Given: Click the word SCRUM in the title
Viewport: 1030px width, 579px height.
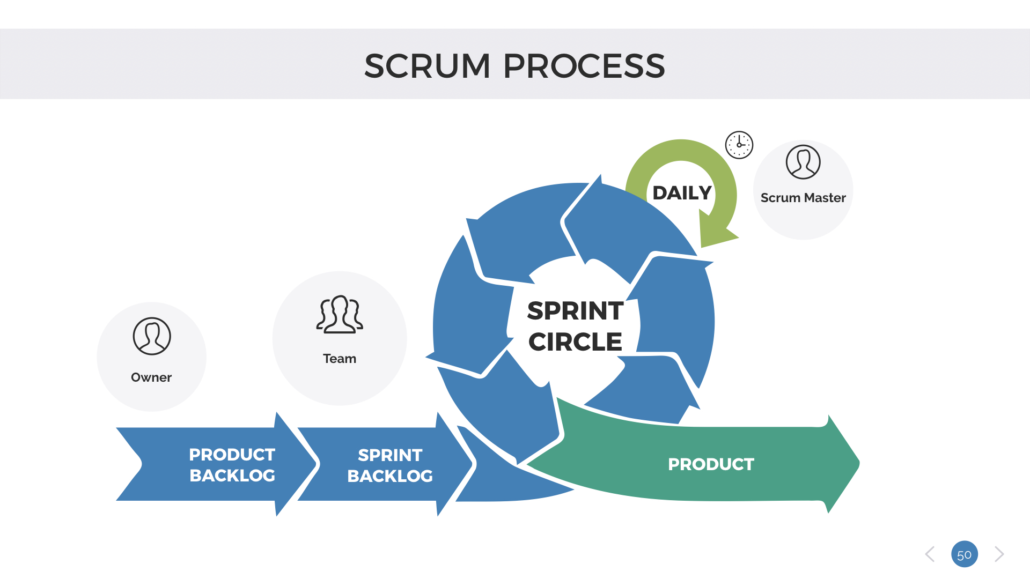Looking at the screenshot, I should pos(427,66).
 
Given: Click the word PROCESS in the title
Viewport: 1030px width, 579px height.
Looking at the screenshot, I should pos(584,66).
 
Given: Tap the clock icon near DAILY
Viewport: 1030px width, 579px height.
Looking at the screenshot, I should pos(739,145).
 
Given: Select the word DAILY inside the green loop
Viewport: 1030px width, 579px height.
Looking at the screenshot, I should pos(682,193).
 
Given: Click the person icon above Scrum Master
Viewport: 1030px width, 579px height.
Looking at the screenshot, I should pos(803,162).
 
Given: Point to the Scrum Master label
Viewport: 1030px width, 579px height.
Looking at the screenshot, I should pos(803,198).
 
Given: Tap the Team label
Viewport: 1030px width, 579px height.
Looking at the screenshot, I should pos(340,359).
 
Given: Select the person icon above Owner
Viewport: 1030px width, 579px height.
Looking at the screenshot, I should pos(152,336).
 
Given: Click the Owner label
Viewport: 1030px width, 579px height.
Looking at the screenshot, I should pos(151,377).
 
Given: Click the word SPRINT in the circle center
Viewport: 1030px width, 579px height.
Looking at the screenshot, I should pos(575,311).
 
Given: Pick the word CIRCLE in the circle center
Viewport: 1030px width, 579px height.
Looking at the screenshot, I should pos(575,342).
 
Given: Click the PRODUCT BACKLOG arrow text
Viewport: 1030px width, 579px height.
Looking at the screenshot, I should pos(232,465).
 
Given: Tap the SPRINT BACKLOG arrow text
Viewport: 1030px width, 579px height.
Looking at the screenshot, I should pos(390,465).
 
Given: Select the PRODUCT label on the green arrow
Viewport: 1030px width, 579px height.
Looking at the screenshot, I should pos(711,464).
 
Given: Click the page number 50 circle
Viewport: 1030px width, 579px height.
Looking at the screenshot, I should pos(965,554).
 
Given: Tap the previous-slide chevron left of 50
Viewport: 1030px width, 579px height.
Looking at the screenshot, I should pos(930,554).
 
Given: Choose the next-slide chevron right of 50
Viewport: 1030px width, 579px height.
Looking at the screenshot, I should pos(999,554).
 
